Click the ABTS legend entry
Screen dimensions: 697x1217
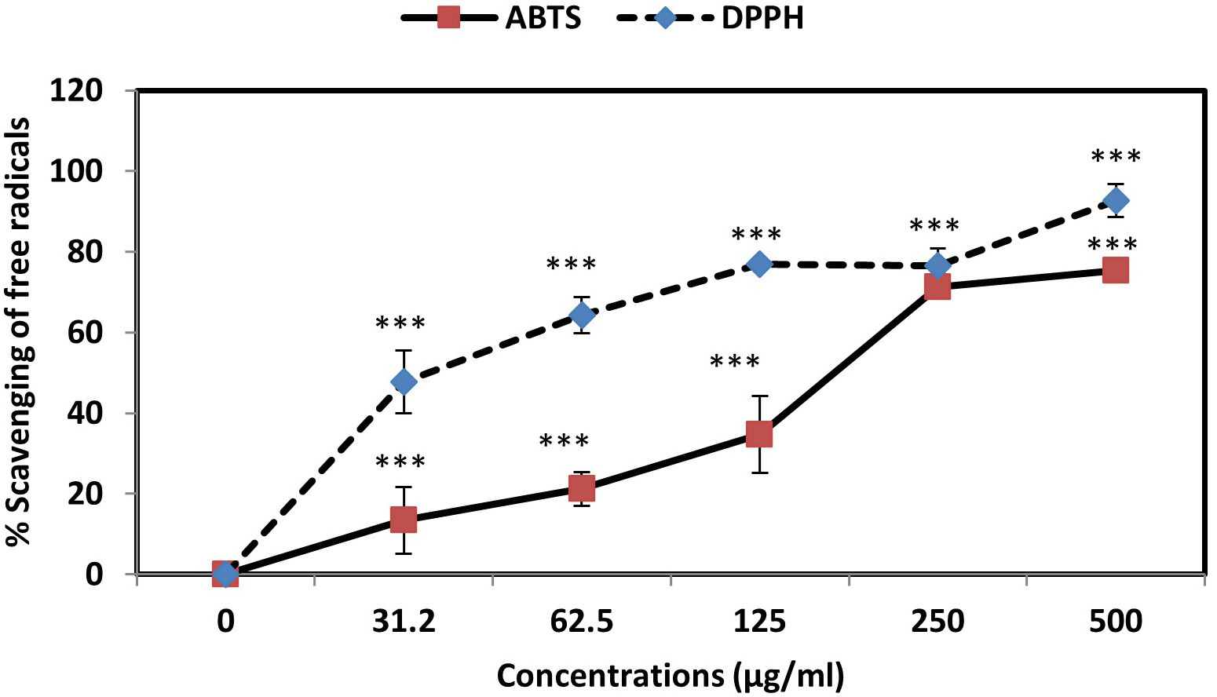[492, 17]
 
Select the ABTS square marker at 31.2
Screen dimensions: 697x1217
[404, 520]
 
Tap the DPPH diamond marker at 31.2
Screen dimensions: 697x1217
[404, 382]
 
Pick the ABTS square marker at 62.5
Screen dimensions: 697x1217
[582, 488]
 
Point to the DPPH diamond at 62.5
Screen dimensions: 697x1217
[582, 316]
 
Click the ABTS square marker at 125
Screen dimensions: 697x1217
[759, 434]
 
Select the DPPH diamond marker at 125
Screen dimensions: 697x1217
[759, 264]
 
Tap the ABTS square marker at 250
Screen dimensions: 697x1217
[937, 287]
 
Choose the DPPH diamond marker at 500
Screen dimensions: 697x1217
[1116, 201]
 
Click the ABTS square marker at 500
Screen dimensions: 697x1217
[1116, 271]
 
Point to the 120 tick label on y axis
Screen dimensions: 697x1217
[76, 91]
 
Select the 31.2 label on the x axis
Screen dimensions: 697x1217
[404, 622]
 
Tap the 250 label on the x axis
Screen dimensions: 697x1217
[937, 622]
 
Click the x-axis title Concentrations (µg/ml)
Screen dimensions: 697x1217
[670, 677]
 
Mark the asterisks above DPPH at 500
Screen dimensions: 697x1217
[1116, 157]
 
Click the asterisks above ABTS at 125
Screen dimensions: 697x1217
[735, 363]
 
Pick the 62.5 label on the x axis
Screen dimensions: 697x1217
[582, 622]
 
